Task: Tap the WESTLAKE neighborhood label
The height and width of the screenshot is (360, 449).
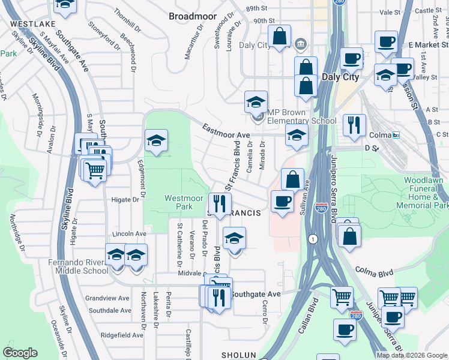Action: [28, 23]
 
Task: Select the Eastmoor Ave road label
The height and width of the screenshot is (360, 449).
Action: [226, 131]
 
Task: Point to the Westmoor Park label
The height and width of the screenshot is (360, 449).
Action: [179, 202]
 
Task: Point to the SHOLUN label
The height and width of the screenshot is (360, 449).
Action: [240, 355]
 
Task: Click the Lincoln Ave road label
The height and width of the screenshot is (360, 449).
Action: [129, 233]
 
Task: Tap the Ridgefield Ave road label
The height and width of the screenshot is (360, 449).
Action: [122, 335]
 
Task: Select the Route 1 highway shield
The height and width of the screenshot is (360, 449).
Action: [312, 239]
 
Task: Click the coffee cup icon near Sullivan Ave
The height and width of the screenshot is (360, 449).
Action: [282, 200]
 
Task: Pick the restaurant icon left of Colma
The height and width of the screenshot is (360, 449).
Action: [354, 124]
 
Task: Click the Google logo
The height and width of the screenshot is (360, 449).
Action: [20, 353]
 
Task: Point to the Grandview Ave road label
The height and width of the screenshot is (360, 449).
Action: [107, 298]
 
